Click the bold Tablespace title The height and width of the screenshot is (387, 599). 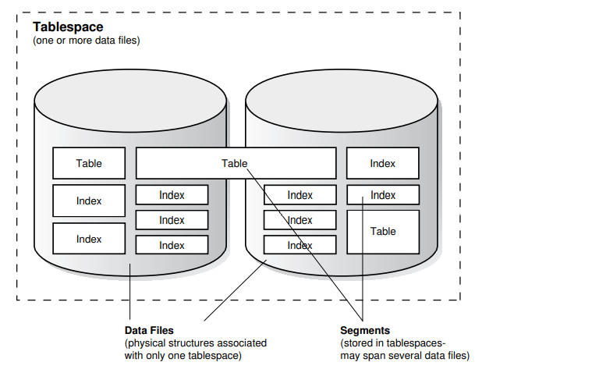point(68,27)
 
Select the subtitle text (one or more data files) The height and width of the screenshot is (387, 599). point(86,41)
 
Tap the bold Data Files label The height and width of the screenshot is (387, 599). point(149,331)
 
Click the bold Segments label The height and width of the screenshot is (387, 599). point(365,331)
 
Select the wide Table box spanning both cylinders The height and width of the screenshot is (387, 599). point(236,163)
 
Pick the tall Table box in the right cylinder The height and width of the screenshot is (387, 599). point(383,232)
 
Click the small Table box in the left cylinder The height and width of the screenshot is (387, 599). point(89,163)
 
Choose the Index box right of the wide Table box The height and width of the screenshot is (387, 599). point(383,163)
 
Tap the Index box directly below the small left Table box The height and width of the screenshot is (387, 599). point(89,201)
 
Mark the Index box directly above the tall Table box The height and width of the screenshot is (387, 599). point(383,195)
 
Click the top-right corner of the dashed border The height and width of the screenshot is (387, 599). point(459,12)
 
